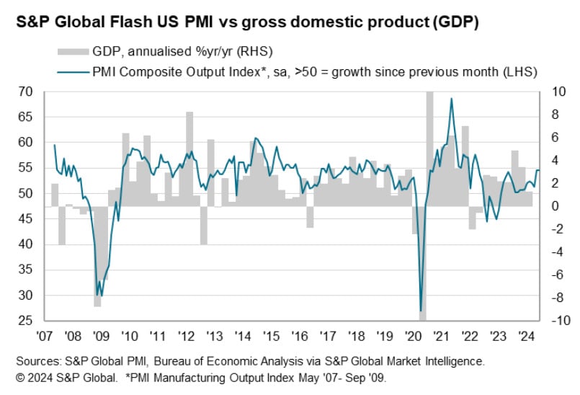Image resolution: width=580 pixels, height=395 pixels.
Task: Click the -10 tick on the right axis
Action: tap(553, 320)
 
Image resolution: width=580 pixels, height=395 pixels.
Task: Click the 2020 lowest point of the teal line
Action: tap(421, 311)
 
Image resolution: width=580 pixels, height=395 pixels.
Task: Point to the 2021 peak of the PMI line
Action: tap(451, 99)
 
